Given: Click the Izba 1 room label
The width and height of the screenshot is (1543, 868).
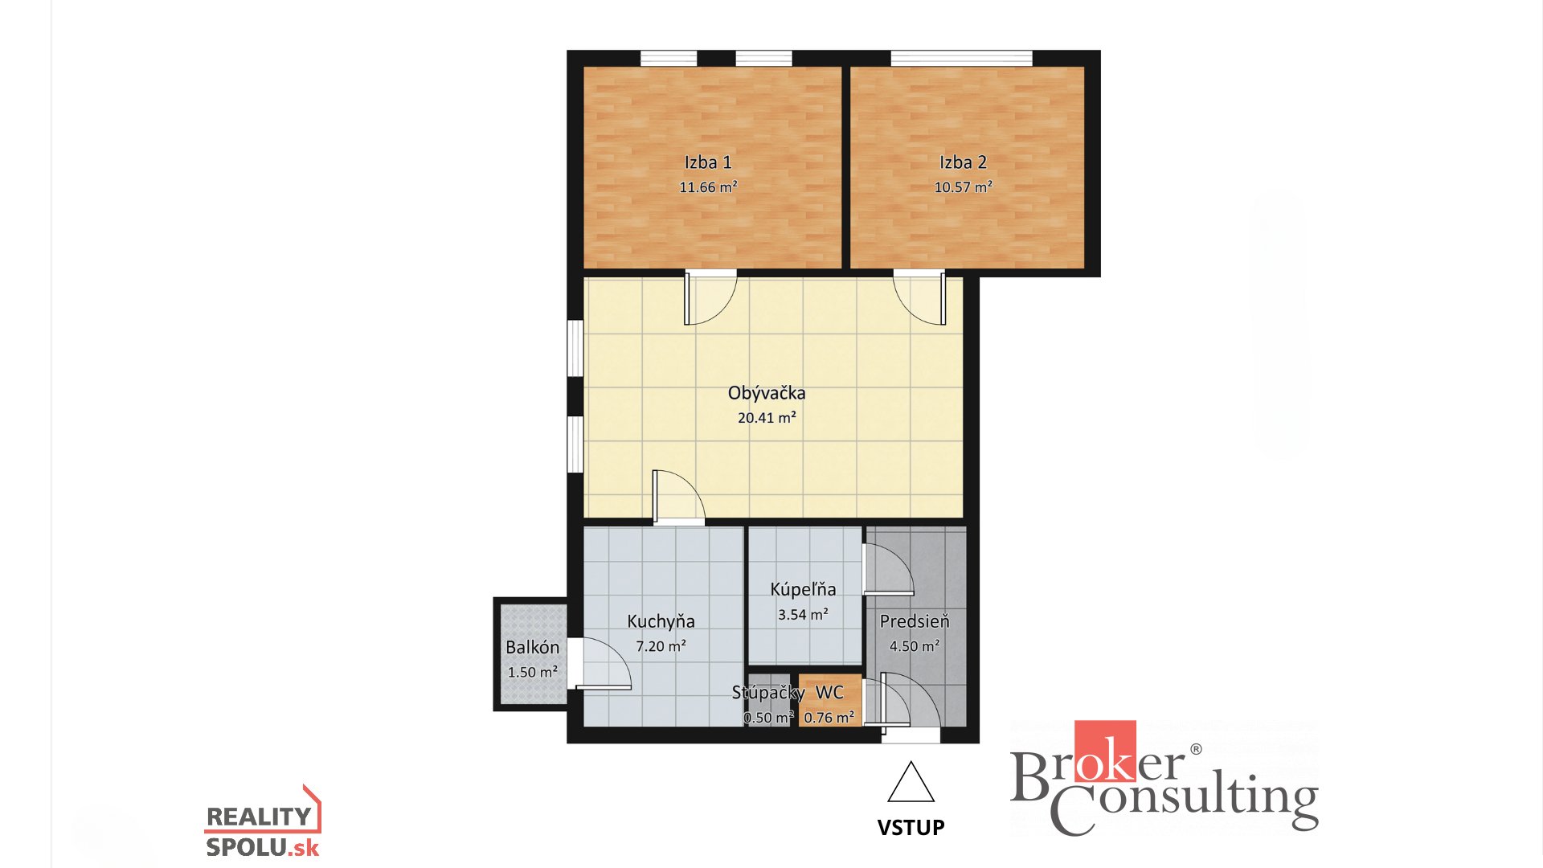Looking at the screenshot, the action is pos(708,162).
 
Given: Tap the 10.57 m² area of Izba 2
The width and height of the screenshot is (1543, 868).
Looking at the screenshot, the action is pos(963,187).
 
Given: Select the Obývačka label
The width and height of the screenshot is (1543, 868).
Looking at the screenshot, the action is pos(767,393).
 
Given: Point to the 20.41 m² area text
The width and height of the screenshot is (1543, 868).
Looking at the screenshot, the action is pos(767,418).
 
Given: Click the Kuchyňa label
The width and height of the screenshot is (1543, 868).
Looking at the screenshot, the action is pos(661,621).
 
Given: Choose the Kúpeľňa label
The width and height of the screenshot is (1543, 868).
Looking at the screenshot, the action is pos(803,590).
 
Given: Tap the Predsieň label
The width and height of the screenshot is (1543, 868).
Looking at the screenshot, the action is pos(915,621).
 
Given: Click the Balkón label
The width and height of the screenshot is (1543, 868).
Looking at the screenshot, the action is pos(532,647).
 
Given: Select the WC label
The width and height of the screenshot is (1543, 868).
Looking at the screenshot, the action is pos(829,693).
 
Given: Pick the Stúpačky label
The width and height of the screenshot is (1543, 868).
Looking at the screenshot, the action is pos(768,693).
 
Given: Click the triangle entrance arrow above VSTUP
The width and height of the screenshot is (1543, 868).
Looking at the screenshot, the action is pos(911,782).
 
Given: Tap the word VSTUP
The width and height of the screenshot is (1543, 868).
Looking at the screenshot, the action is pos(911,828).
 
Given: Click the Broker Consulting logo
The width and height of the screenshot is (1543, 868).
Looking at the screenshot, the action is pos(1164,778).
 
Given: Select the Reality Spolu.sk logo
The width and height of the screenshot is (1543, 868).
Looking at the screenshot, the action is pos(263,822).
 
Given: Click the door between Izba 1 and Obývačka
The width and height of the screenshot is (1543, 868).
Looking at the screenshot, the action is pos(710,298).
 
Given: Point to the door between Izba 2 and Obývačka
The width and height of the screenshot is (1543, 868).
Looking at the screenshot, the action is pos(920,298).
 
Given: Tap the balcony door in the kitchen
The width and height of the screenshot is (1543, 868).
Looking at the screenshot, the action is pos(600,663).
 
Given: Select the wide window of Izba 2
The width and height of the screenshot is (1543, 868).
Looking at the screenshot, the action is pos(961,58).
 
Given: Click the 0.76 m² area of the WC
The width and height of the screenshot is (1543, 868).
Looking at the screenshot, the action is pos(829,718).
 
